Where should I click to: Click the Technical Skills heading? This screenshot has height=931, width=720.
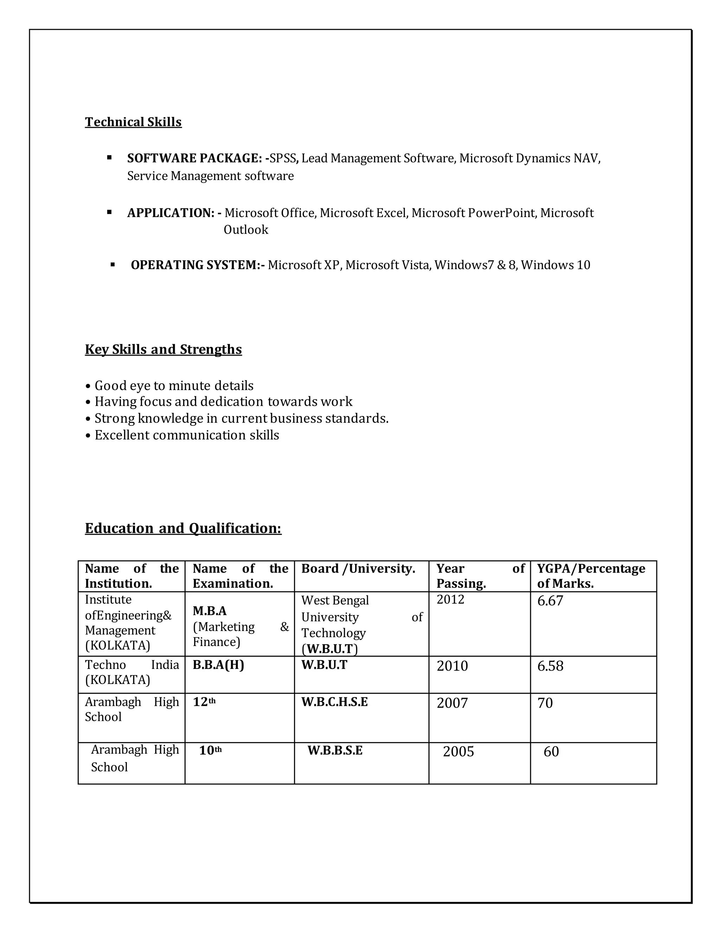click(x=133, y=122)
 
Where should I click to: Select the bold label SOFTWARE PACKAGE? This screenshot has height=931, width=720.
click(x=194, y=158)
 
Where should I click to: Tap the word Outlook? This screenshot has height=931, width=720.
click(x=246, y=230)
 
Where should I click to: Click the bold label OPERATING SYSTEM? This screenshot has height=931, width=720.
click(x=197, y=265)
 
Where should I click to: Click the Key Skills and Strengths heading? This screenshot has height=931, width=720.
click(x=163, y=350)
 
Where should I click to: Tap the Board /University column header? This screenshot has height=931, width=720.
click(x=358, y=569)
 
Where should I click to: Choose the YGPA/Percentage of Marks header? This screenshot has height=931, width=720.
click(x=591, y=576)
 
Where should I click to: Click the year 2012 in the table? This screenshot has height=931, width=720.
click(x=450, y=600)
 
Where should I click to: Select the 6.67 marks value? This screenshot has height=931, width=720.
click(x=550, y=601)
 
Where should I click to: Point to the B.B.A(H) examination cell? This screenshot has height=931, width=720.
click(x=218, y=665)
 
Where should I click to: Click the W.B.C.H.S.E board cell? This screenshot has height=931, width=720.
click(x=334, y=702)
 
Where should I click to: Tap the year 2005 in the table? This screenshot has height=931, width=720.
click(x=458, y=751)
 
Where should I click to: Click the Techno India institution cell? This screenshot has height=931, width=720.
click(x=131, y=672)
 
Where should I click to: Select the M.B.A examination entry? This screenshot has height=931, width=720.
click(x=210, y=611)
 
